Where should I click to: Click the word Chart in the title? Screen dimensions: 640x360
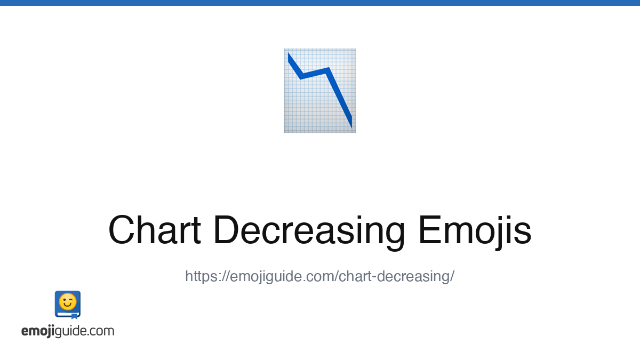(x=155, y=230)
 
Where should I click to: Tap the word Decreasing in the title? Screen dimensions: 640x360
(x=309, y=233)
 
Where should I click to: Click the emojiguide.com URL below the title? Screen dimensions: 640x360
(x=319, y=276)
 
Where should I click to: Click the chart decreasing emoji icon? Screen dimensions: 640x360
(x=320, y=91)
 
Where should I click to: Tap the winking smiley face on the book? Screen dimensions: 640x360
(x=68, y=302)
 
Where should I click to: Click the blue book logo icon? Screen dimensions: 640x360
(x=68, y=305)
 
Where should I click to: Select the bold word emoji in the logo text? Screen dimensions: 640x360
(x=38, y=331)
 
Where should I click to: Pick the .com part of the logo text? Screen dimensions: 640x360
(x=101, y=331)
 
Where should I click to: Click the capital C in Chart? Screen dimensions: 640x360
(x=121, y=230)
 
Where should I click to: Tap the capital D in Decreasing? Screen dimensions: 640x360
(x=227, y=230)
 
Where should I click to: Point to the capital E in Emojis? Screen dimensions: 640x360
(x=430, y=230)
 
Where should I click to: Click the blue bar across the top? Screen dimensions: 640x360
(x=320, y=3)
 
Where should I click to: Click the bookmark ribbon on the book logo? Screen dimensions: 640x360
(x=74, y=316)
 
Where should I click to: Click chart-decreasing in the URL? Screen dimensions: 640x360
(x=394, y=276)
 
